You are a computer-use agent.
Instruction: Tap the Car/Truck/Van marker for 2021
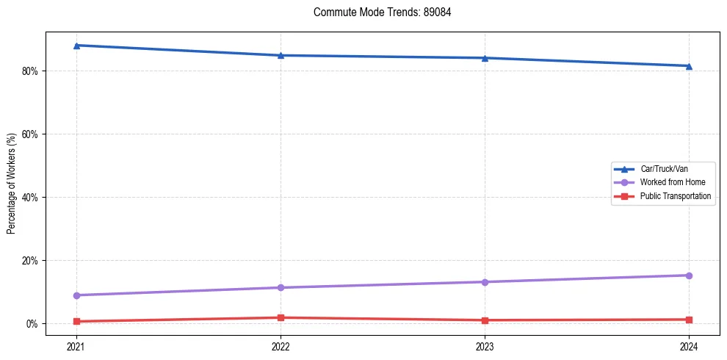(x=76, y=46)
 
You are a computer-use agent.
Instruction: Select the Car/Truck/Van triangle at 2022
(x=281, y=55)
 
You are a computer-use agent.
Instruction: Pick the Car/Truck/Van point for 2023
(x=485, y=58)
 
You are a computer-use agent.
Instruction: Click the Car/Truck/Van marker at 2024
(x=689, y=66)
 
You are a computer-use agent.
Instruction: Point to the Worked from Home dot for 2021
(x=76, y=295)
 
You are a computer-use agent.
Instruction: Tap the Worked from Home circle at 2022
(x=281, y=287)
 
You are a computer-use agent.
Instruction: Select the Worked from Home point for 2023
(x=485, y=282)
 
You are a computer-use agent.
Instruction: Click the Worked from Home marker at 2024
(x=689, y=276)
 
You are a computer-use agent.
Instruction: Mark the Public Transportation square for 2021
(x=76, y=321)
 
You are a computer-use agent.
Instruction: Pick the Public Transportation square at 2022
(x=281, y=317)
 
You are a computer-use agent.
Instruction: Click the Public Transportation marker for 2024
(x=689, y=320)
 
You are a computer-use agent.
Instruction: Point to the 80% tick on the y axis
(x=31, y=71)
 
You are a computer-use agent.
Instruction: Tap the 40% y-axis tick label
(x=31, y=198)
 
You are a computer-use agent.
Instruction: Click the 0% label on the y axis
(x=33, y=324)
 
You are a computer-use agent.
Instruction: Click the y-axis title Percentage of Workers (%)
(x=11, y=184)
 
